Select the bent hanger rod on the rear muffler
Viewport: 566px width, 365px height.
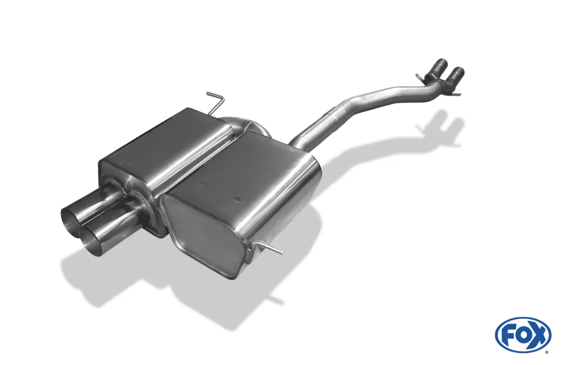coord(215,102)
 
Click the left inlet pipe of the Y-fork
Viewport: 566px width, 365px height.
coord(439,70)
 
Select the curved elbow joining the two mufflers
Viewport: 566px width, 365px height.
coord(238,123)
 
